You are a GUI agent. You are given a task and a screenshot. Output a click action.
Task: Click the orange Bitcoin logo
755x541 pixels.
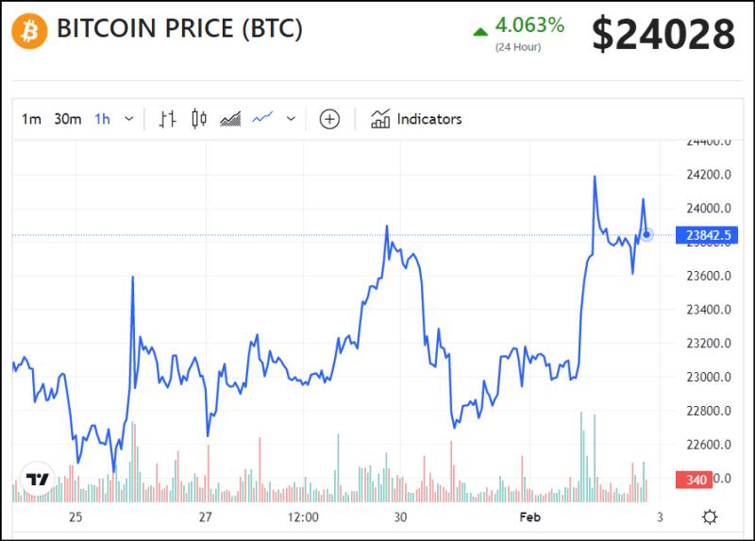(x=29, y=32)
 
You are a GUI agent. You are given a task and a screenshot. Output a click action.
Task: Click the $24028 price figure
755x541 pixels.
(x=663, y=35)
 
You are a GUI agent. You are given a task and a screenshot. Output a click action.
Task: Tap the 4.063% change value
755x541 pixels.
(x=529, y=25)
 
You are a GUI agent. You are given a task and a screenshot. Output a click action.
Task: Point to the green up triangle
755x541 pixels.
(x=480, y=31)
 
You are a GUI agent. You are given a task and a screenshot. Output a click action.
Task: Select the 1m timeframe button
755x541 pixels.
(x=31, y=119)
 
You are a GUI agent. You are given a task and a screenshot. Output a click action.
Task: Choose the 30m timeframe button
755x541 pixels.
(x=67, y=119)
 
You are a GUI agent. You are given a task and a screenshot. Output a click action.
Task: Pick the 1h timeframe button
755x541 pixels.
(x=102, y=119)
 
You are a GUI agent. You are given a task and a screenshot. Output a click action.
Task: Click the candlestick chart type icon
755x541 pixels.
(x=198, y=119)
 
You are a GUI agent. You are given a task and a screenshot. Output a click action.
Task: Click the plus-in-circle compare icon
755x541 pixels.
(x=329, y=119)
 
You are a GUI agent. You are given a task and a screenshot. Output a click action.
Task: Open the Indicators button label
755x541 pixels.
(x=428, y=119)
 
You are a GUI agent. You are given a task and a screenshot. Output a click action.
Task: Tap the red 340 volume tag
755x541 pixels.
(x=696, y=480)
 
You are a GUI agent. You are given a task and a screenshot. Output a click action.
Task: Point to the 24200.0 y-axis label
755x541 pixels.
(x=710, y=175)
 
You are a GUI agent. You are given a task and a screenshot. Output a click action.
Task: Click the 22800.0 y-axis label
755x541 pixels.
(x=710, y=411)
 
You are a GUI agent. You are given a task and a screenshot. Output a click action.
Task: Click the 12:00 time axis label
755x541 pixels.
(x=303, y=516)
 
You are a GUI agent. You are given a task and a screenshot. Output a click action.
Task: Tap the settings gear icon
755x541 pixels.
(x=710, y=516)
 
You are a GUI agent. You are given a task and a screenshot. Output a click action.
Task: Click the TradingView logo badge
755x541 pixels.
(x=37, y=479)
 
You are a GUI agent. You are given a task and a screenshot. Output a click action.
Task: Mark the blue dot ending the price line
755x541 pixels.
(x=646, y=234)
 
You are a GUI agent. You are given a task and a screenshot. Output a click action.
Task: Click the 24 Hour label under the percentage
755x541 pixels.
(x=518, y=47)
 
